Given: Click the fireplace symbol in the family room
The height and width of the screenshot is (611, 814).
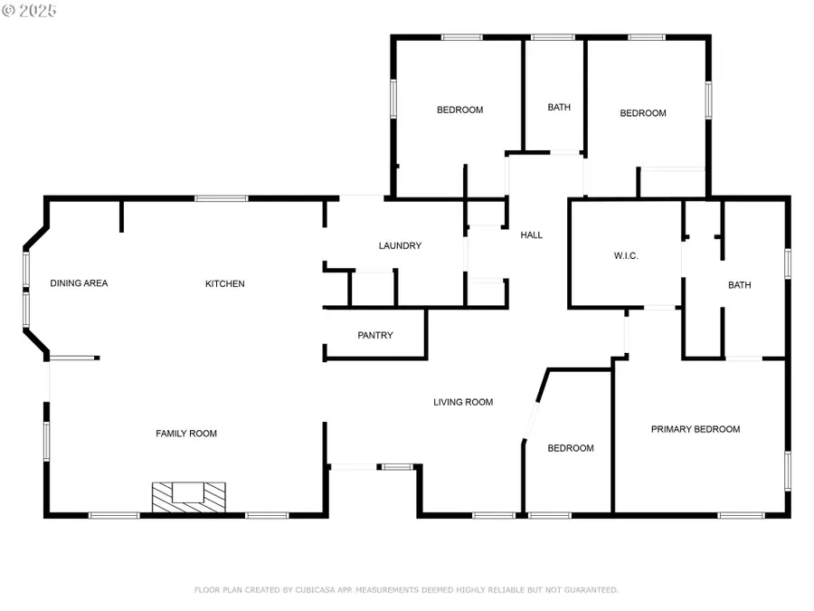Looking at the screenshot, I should click(188, 496).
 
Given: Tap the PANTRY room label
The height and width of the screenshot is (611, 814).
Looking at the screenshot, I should click(375, 336).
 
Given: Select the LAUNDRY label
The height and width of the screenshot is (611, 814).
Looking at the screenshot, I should click(400, 246).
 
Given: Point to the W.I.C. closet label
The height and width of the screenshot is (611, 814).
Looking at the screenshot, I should click(626, 256).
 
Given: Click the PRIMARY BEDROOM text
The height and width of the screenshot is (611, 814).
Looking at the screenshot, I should click(696, 429).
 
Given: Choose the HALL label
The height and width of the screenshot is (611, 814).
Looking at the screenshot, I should click(532, 235).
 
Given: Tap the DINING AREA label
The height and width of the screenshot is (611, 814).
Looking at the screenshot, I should click(79, 283).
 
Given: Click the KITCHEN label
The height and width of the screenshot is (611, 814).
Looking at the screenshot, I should click(225, 284).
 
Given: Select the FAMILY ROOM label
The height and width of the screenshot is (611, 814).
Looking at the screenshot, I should click(186, 434).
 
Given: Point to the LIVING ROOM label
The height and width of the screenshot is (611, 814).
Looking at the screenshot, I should click(463, 402).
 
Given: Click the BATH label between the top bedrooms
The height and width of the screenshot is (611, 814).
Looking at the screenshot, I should click(559, 108).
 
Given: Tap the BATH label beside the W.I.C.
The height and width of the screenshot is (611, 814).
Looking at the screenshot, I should click(740, 285).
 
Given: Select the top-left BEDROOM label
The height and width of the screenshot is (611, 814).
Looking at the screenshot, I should click(459, 110).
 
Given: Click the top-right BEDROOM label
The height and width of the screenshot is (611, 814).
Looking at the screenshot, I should click(643, 113).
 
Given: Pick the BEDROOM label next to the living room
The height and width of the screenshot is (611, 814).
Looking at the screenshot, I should click(571, 448).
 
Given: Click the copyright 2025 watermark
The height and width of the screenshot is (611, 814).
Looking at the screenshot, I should click(30, 11).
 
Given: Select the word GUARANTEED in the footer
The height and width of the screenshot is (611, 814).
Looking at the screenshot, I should click(590, 590).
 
